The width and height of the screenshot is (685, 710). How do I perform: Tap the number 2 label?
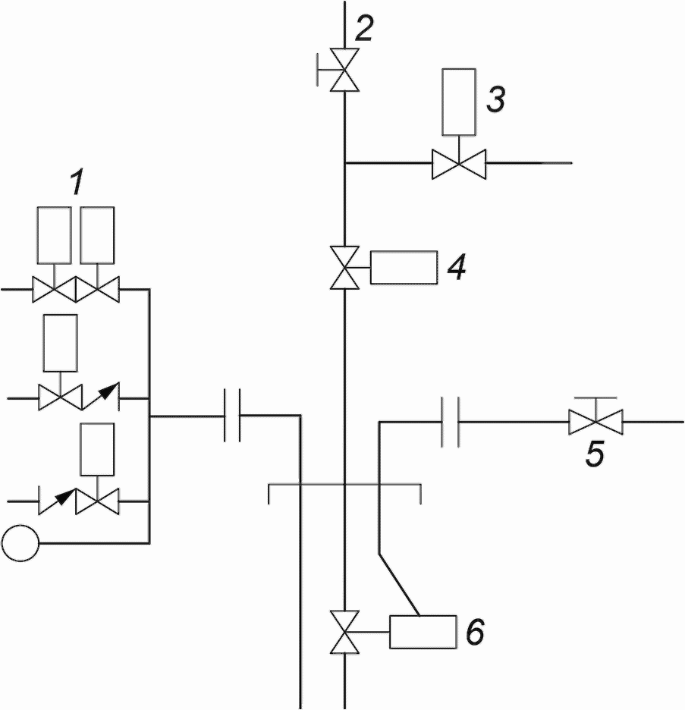pos(363,29)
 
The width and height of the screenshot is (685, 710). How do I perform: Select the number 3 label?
pos(496,99)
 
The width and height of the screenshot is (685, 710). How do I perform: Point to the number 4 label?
pos(457,267)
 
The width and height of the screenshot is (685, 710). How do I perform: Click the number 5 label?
pos(595,454)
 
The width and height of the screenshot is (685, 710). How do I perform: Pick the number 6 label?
pos(475,632)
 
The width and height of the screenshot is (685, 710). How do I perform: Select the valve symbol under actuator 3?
pos(459,163)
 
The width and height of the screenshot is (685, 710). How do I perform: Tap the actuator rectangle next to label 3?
pos(459,102)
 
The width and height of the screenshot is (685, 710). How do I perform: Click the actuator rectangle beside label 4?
pos(404,267)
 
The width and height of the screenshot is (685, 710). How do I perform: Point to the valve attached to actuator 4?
pos(344,268)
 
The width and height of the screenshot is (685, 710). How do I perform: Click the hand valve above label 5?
pos(595,416)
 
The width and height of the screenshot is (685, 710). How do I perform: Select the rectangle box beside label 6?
pos(423,632)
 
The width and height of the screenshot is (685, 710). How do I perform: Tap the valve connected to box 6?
pos(344,632)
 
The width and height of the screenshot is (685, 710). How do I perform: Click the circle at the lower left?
pos(20,543)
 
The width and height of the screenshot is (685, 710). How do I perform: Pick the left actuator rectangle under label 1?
pos(55,235)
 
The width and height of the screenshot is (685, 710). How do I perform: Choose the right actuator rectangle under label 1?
pos(97,235)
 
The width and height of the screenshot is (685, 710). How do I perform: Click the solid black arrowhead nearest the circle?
pos(65,496)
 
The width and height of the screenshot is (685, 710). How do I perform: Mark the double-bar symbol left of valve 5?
pos(451,422)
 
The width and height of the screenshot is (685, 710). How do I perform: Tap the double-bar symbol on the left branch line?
pos(232,415)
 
